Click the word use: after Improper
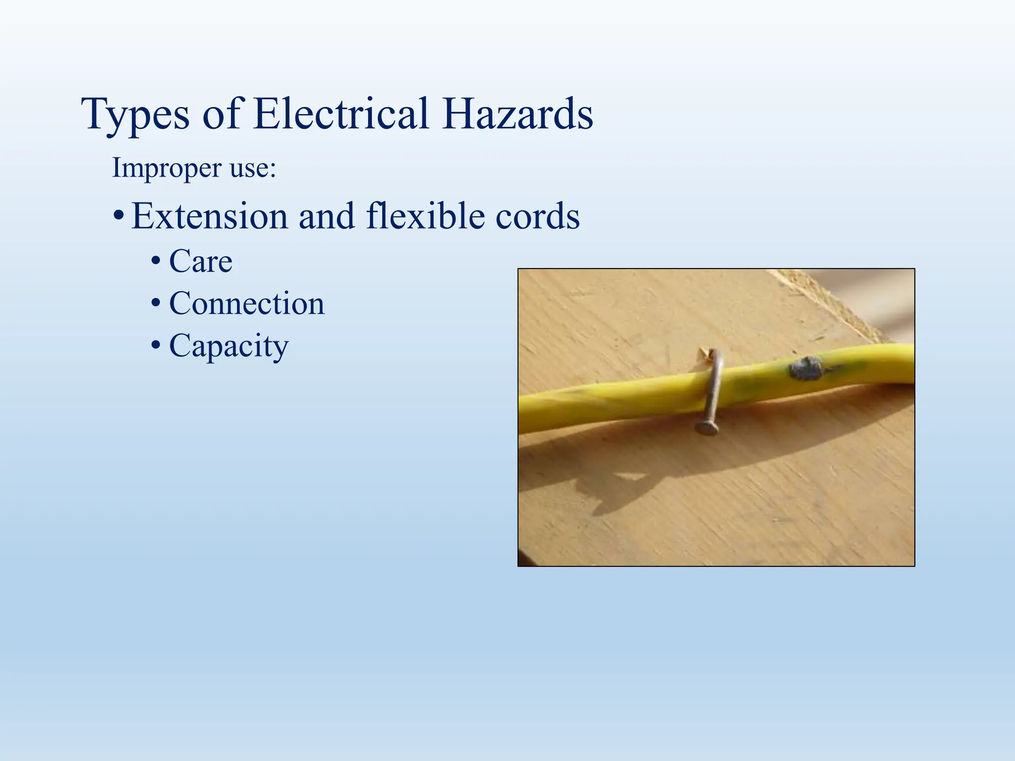(x=253, y=168)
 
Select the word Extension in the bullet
(x=210, y=216)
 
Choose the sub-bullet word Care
(x=201, y=261)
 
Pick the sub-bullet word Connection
(x=247, y=303)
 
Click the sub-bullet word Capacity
(x=228, y=346)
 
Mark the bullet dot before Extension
(x=118, y=217)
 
